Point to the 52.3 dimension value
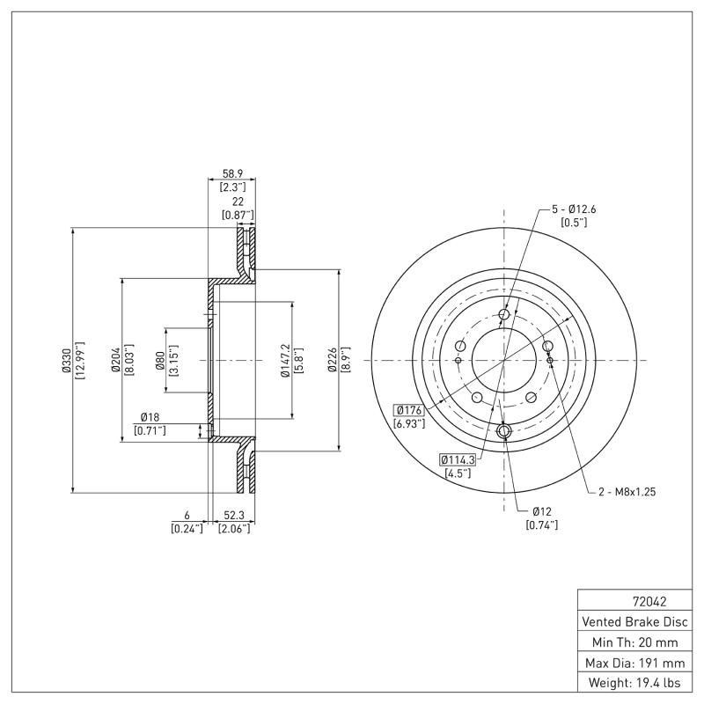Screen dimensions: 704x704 pos(234,517)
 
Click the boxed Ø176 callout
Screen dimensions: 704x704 pos(409,410)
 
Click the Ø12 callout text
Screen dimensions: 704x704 pos(541,511)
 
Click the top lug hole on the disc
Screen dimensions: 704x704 pos(504,316)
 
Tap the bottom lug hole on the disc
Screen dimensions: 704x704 pos(504,431)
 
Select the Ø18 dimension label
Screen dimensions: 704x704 pos(148,417)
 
